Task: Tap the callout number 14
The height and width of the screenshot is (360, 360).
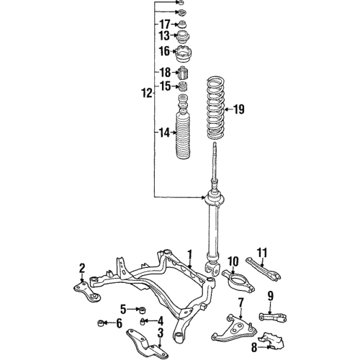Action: [164, 132]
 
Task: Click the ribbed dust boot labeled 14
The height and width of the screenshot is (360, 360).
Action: [182, 137]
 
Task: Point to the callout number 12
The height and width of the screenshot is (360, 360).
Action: [146, 93]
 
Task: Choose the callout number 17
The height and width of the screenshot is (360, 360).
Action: [164, 24]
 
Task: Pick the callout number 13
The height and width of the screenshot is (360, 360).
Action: [164, 36]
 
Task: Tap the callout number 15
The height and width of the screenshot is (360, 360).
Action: [164, 86]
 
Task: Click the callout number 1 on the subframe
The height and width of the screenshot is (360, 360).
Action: [189, 254]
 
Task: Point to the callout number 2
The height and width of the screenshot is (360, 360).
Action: [82, 268]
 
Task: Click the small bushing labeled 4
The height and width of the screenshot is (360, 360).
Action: [144, 320]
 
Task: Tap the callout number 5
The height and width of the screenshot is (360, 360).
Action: [124, 310]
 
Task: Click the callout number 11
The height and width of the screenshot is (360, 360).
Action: [263, 252]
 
